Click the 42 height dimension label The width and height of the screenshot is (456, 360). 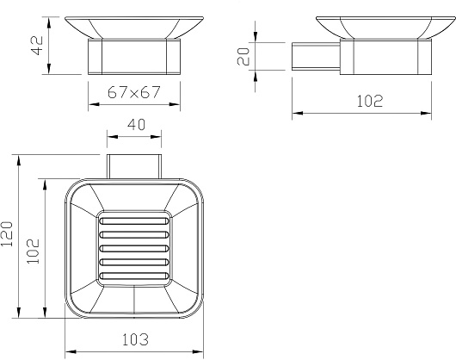tap(37, 46)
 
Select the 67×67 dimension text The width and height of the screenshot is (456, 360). tap(133, 92)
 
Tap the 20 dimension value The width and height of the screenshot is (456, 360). tap(243, 56)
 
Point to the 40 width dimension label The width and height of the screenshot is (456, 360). tap(136, 125)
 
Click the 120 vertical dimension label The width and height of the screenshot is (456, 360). tap(7, 234)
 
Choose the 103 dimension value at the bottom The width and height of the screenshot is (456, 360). tap(135, 339)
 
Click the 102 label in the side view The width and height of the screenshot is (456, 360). tap(370, 101)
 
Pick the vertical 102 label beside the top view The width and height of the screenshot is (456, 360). tap(33, 251)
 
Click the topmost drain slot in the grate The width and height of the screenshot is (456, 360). tap(134, 221)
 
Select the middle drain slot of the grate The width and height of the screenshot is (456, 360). tap(134, 249)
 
